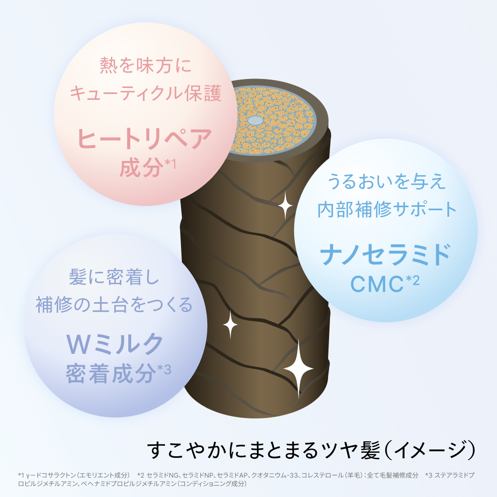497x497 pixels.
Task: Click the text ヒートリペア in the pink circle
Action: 145,139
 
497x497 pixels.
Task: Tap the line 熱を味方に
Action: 146,66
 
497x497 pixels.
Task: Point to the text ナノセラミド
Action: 386,254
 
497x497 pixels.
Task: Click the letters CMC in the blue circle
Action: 377,284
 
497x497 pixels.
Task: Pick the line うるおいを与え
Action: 386,181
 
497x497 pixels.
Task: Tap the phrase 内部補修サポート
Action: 387,209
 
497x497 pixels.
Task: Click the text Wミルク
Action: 115,344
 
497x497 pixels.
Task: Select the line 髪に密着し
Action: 114,277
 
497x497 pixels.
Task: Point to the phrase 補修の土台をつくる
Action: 114,305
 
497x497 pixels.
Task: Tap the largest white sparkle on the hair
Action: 298,369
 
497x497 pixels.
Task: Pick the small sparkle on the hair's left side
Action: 231,325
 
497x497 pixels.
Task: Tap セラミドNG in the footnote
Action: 163,475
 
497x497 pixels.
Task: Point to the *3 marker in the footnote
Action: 429,475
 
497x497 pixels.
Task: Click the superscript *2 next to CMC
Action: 413,280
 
